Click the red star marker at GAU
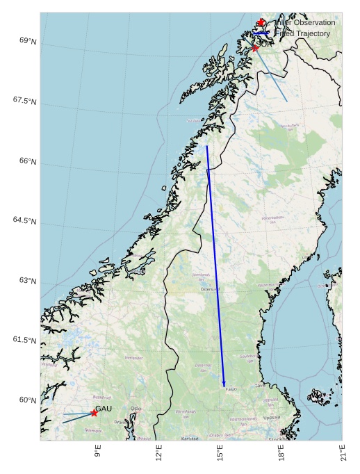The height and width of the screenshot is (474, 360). coord(94,413)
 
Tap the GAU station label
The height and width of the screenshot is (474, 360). coord(104,409)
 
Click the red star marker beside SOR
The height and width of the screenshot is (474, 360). coord(255,48)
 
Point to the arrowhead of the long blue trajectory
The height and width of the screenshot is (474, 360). coord(224,384)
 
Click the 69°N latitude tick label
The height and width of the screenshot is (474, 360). coord(28,41)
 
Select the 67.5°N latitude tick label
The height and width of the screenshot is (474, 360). coord(25,101)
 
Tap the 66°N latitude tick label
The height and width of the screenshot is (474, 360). coord(28,161)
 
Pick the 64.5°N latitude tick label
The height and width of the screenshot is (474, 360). coord(25,221)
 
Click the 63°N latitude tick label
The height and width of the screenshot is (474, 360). coord(28,281)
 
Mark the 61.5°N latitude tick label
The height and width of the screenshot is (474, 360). coord(25,341)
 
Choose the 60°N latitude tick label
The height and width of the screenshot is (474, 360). coord(28,400)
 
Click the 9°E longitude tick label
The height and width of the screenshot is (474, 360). coord(98,451)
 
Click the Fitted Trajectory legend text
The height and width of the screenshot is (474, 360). coord(302,33)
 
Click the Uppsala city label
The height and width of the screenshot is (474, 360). coord(272,418)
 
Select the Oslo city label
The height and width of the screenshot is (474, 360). coord(136,409)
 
